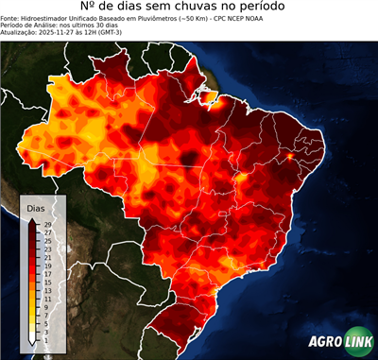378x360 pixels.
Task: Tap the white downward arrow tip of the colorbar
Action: click(x=33, y=339)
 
